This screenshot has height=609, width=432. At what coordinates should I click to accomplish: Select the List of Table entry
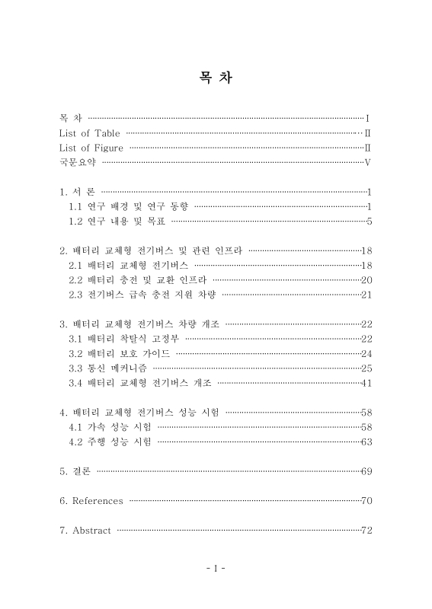pyautogui.click(x=89, y=133)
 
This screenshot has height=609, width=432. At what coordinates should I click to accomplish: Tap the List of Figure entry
pyautogui.click(x=91, y=148)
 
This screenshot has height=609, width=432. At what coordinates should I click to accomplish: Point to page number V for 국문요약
pyautogui.click(x=367, y=162)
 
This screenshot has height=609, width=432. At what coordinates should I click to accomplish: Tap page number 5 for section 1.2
pyautogui.click(x=369, y=222)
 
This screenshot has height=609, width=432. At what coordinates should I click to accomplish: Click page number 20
pyautogui.click(x=366, y=279)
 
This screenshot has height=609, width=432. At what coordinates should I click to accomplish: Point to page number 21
pyautogui.click(x=366, y=294)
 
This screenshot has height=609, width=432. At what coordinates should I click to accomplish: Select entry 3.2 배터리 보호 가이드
pyautogui.click(x=120, y=353)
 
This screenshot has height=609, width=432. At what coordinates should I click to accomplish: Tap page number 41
pyautogui.click(x=366, y=382)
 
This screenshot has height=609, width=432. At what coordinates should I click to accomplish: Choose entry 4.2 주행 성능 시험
pyautogui.click(x=110, y=441)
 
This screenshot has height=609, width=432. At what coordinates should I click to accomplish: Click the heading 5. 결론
pyautogui.click(x=75, y=471)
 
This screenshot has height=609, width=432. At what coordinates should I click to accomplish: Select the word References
pyautogui.click(x=97, y=500)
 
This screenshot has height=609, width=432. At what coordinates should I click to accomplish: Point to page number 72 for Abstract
pyautogui.click(x=366, y=530)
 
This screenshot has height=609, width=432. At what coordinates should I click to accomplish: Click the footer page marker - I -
pyautogui.click(x=216, y=567)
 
